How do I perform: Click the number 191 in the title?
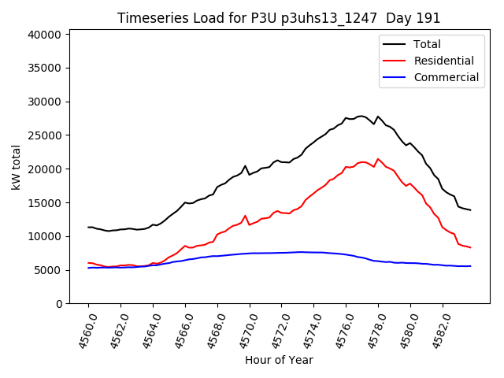click(428, 18)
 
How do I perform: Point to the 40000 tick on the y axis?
click(45, 35)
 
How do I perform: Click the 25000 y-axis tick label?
click(45, 135)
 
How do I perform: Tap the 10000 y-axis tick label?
click(45, 236)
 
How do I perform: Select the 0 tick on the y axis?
click(58, 304)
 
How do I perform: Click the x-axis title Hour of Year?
click(278, 360)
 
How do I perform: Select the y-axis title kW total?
click(16, 167)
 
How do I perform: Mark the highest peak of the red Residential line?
click(378, 159)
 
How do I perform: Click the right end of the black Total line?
click(470, 209)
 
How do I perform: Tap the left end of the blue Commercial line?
click(88, 268)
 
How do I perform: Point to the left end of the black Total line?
click(88, 227)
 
